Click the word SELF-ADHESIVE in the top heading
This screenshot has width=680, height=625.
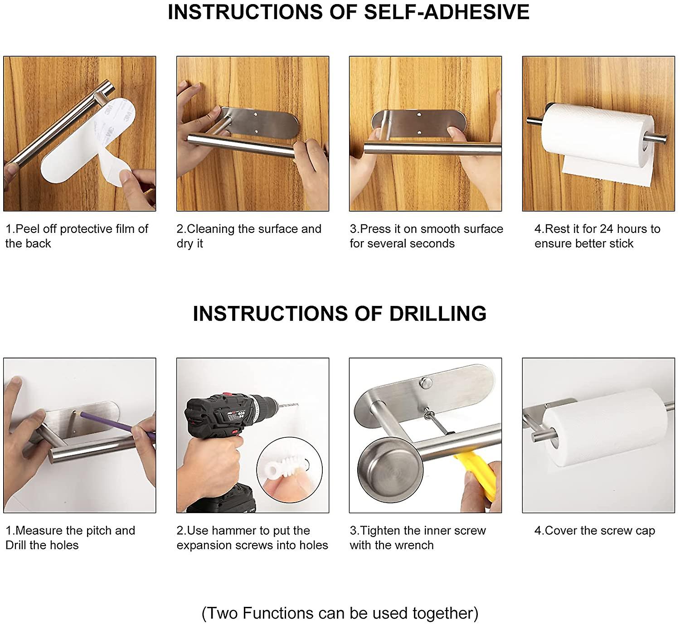tap(447, 12)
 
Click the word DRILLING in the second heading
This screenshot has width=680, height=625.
tap(437, 314)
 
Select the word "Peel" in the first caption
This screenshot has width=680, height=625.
tap(28, 229)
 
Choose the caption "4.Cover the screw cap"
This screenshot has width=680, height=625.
tap(595, 530)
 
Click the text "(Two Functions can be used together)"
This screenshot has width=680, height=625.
tap(340, 613)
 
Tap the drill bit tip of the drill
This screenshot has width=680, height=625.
tap(297, 404)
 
